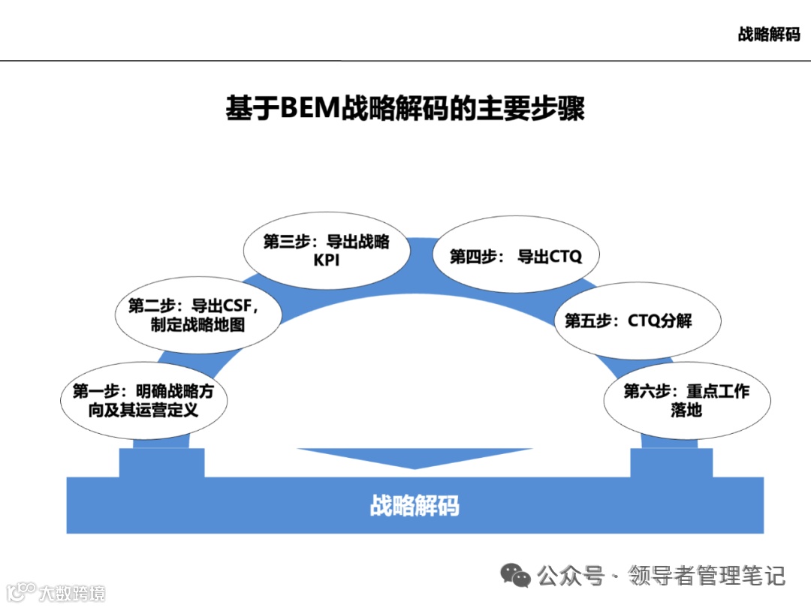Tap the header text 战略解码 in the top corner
click(x=769, y=35)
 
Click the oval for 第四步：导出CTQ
click(x=516, y=257)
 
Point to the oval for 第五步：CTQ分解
click(x=628, y=321)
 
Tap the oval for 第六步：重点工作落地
click(x=686, y=401)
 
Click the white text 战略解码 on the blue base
click(x=415, y=505)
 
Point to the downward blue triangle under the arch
click(x=415, y=456)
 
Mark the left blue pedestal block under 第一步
click(x=161, y=462)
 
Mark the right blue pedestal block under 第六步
click(x=671, y=462)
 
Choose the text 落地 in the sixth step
click(x=686, y=411)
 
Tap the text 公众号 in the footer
click(x=571, y=576)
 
